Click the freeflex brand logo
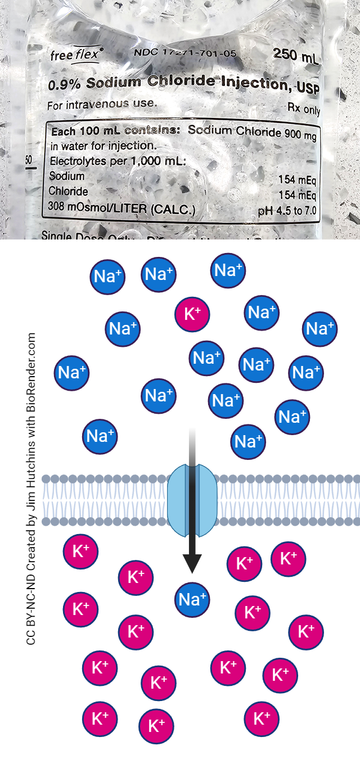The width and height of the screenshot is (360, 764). click(77, 55)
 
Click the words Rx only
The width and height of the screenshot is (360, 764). click(304, 108)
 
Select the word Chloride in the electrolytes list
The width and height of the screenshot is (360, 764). click(68, 191)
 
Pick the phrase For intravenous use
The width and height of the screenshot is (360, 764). click(102, 105)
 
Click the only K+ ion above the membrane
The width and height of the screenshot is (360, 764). click(192, 314)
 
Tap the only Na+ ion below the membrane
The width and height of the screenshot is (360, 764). click(192, 599)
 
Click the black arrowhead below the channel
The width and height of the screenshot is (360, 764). click(192, 563)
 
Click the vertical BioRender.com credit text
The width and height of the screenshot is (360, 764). click(31, 489)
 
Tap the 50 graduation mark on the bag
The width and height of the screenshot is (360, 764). click(29, 161)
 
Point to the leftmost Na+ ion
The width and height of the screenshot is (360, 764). click(72, 372)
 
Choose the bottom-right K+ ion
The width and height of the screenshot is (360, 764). click(262, 718)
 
